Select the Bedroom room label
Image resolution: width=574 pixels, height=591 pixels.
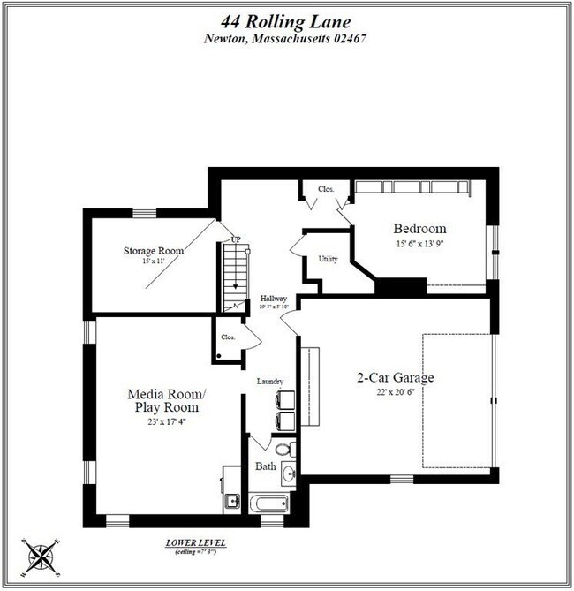pyautogui.click(x=419, y=228)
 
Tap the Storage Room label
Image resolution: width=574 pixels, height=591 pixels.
pyautogui.click(x=153, y=251)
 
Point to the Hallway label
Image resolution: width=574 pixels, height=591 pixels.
pyautogui.click(x=274, y=299)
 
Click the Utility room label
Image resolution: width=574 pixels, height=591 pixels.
pyautogui.click(x=328, y=259)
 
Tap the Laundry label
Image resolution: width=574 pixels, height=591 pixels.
pyautogui.click(x=269, y=382)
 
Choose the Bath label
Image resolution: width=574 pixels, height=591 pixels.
pyautogui.click(x=266, y=466)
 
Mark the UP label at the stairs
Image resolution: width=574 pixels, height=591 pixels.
pyautogui.click(x=236, y=239)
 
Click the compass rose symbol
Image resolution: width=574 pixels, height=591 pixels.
pyautogui.click(x=40, y=556)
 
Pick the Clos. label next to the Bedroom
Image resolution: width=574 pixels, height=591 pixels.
pyautogui.click(x=313, y=188)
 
